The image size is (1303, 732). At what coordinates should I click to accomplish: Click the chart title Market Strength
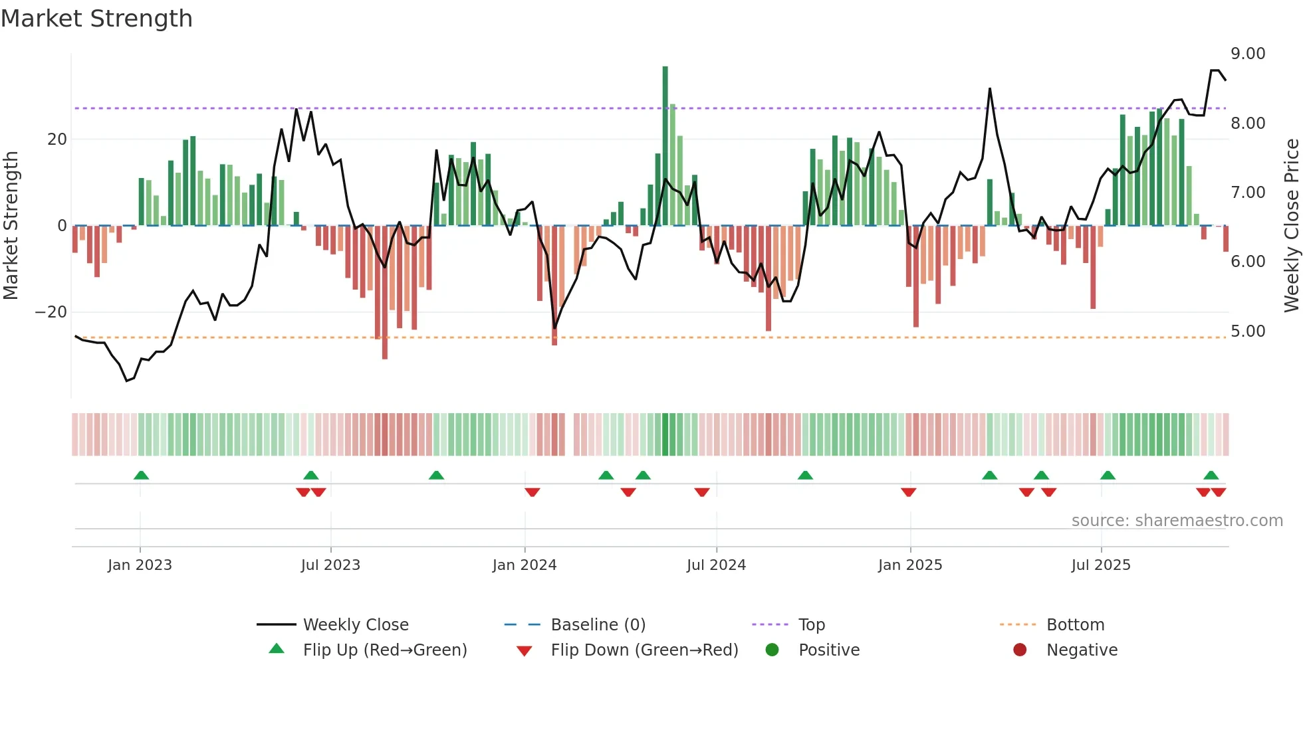point(96,19)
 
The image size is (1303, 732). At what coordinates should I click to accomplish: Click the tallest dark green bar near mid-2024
point(665,146)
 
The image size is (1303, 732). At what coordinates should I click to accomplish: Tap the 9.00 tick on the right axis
point(1247,54)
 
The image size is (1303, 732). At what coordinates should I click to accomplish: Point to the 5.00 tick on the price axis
point(1247,331)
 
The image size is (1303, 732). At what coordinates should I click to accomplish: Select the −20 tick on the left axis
point(51,312)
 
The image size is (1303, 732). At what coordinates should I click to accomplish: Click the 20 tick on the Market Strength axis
point(57,139)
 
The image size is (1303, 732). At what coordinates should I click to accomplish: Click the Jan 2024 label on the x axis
point(524,565)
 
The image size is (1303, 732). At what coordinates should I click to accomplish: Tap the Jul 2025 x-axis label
point(1100,565)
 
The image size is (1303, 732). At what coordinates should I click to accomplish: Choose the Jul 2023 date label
point(330,565)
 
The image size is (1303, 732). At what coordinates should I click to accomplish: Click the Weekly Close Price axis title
point(1291,226)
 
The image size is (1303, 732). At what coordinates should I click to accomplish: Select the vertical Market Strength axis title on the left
point(11,226)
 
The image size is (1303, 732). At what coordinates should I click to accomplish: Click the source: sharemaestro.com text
point(1177,521)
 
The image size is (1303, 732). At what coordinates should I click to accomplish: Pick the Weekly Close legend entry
point(355,625)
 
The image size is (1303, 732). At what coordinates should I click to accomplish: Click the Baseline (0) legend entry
point(598,625)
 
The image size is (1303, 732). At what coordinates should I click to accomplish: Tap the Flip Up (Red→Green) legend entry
point(384,650)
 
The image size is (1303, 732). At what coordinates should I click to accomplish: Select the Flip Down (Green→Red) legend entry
point(644,650)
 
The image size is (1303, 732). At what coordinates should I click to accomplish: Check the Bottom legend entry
point(1074,625)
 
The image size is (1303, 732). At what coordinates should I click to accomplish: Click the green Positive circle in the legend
point(772,650)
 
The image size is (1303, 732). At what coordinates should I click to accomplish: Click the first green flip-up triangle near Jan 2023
point(141,476)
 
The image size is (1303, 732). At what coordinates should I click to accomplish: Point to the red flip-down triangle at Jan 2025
point(909,492)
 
